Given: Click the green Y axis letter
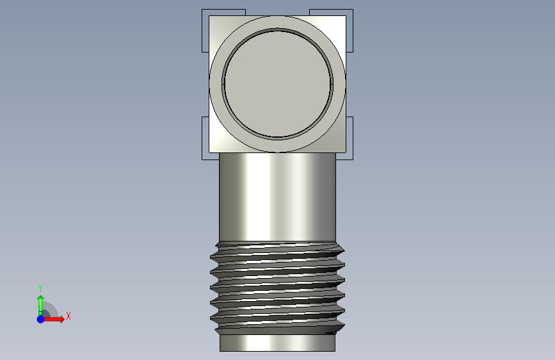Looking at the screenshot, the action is (40, 288).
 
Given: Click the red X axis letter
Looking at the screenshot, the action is (68, 316).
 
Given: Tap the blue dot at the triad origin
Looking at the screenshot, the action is (41, 319).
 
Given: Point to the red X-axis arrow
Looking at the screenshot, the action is (54, 319).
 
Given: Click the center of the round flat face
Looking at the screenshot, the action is (278, 84).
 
